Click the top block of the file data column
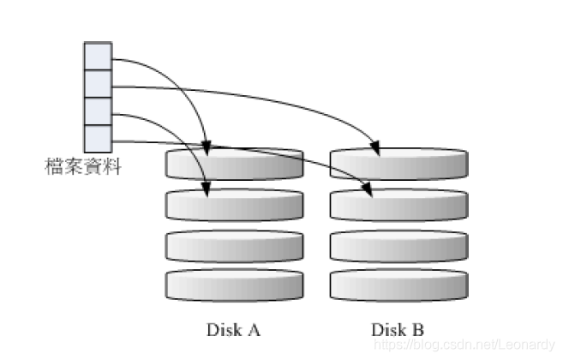pyautogui.click(x=98, y=56)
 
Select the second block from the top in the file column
pyautogui.click(x=98, y=83)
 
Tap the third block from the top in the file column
pyautogui.click(x=98, y=111)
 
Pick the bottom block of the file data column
pyautogui.click(x=98, y=138)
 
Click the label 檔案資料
pyautogui.click(x=82, y=166)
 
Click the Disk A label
pyautogui.click(x=234, y=329)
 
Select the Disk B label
pyautogui.click(x=398, y=329)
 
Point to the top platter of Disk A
pyautogui.click(x=235, y=164)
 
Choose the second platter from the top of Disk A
pyautogui.click(x=235, y=204)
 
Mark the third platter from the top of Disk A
pyautogui.click(x=235, y=245)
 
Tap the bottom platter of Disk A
pyautogui.click(x=235, y=285)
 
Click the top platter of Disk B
pyautogui.click(x=398, y=164)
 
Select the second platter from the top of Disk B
pyautogui.click(x=398, y=204)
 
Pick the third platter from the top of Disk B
pyautogui.click(x=398, y=245)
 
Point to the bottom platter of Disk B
pyautogui.click(x=398, y=285)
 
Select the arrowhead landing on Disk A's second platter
pyautogui.click(x=206, y=189)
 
